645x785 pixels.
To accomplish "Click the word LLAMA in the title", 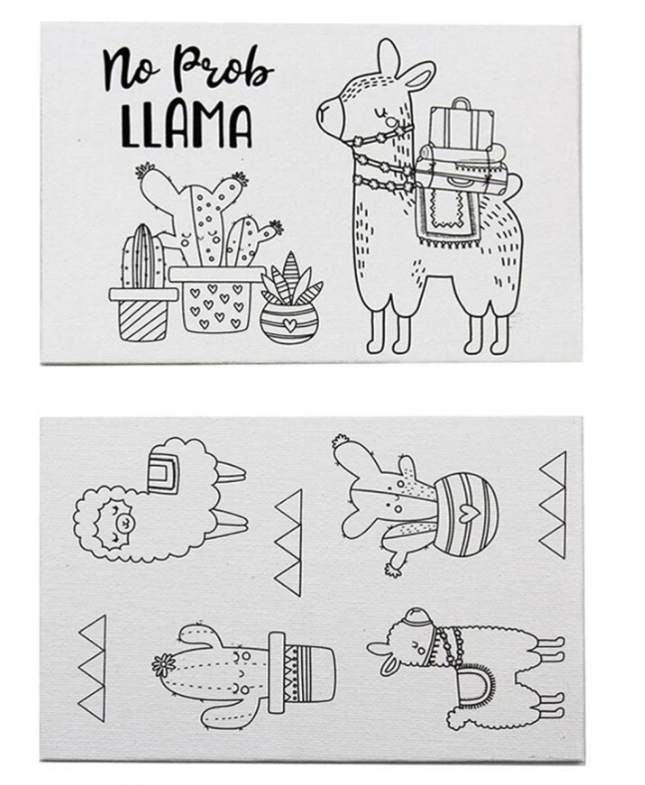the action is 186,126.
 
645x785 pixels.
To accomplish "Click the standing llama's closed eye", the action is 381,109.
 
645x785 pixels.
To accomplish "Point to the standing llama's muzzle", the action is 329,116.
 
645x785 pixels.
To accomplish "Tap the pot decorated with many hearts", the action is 216,299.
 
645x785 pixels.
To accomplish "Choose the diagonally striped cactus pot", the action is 144,314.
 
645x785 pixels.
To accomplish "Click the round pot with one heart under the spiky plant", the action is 288,323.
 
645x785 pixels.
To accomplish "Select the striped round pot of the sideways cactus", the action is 466,515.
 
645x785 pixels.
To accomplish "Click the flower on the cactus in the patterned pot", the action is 162,665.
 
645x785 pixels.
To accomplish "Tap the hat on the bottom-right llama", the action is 416,620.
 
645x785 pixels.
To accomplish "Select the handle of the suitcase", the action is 462,103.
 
